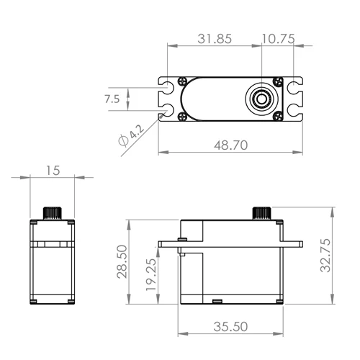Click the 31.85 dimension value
[x=214, y=40]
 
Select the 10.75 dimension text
[x=278, y=40]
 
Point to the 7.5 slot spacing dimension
[x=112, y=99]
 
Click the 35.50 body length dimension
[x=230, y=326]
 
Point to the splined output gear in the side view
[x=260, y=212]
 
